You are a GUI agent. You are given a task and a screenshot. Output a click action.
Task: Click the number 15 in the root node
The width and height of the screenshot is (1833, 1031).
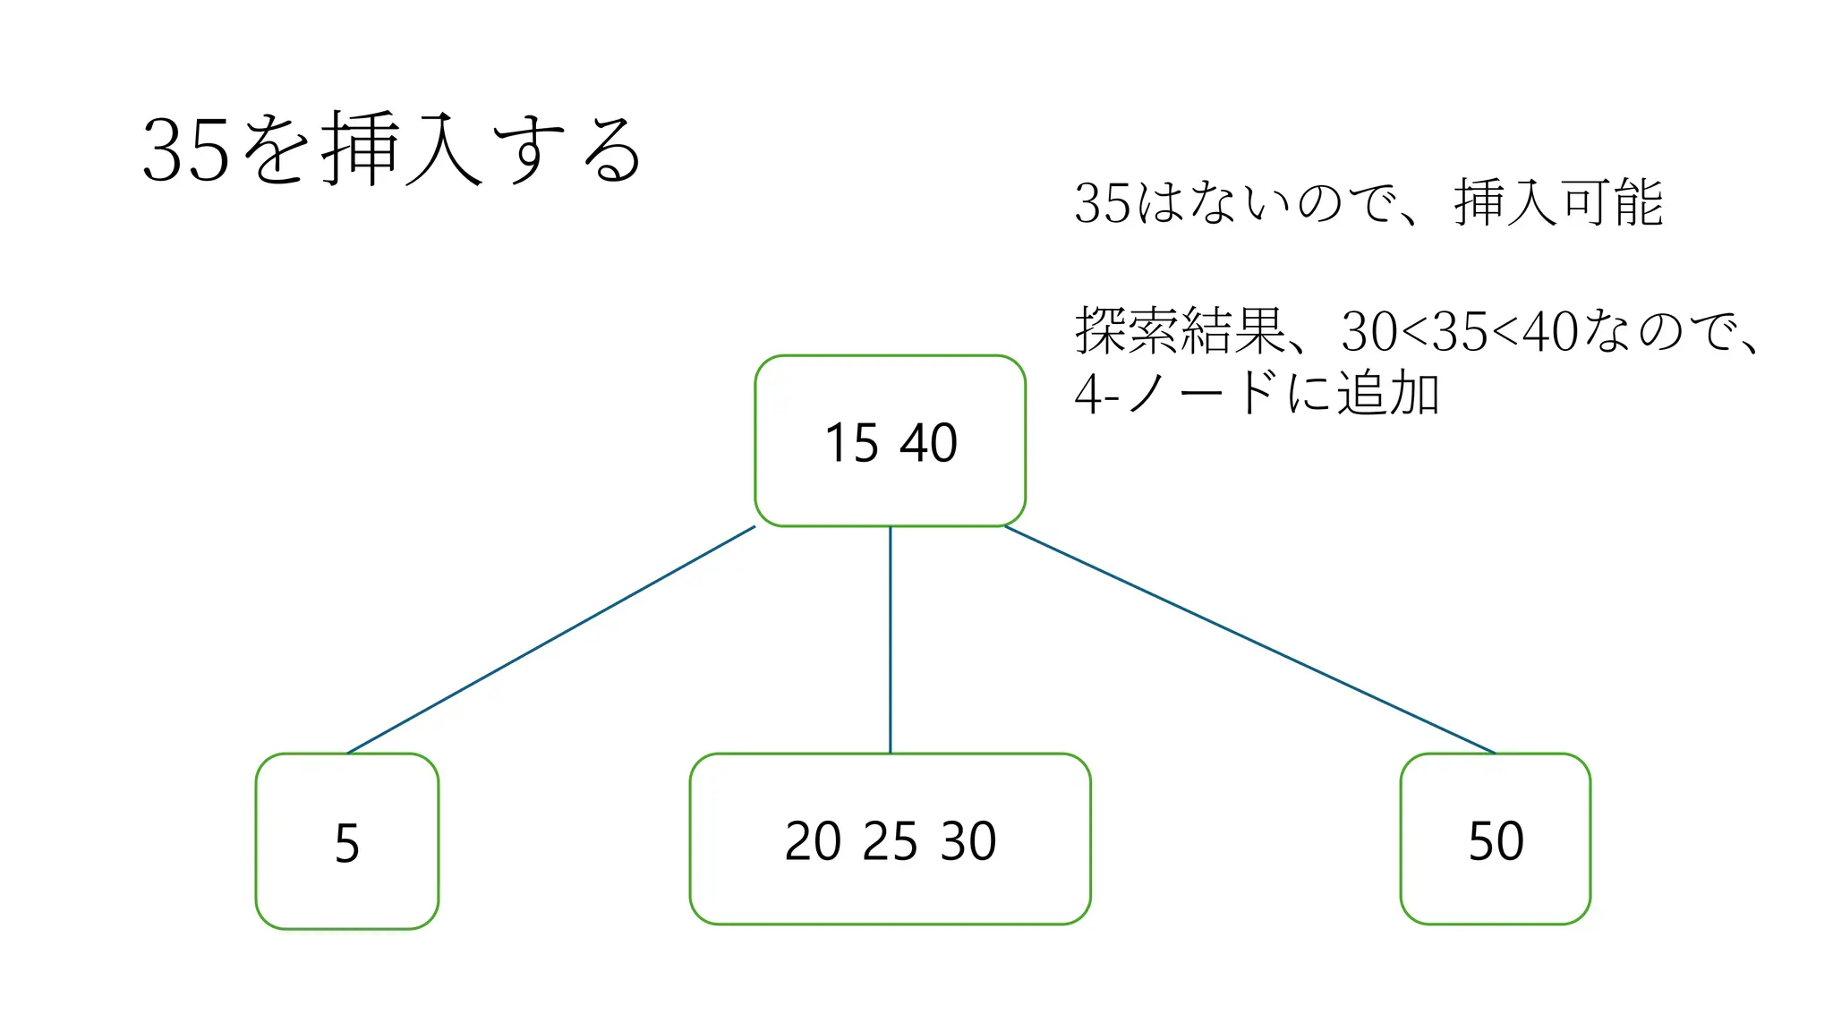tap(851, 443)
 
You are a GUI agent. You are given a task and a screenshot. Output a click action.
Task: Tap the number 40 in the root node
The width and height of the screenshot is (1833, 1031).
tap(929, 443)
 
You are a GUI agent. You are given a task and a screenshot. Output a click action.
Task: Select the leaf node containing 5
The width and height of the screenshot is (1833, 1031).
tap(347, 842)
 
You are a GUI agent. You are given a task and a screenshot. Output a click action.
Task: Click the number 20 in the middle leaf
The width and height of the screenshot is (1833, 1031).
tap(813, 841)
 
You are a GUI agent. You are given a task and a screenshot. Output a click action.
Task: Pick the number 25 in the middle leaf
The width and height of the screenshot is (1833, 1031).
tap(891, 841)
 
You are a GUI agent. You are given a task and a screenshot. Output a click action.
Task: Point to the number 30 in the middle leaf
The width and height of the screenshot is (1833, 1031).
tap(968, 841)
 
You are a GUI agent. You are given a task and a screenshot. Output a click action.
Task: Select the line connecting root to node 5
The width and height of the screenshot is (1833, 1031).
tap(551, 639)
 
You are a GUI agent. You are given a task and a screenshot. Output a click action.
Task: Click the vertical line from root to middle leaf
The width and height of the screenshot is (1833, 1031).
tap(890, 640)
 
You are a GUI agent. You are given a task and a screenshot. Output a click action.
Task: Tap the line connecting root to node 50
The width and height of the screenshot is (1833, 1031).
tap(1249, 640)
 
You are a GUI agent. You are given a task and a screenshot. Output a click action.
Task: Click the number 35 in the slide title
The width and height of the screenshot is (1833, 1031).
tap(186, 150)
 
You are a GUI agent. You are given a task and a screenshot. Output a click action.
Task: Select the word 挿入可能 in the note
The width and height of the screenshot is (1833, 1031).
tap(1558, 203)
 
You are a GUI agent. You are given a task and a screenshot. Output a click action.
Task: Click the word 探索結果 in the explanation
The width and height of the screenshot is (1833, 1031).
tap(1180, 331)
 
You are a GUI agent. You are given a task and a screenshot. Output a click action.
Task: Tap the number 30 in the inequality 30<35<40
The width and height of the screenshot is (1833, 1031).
tap(1369, 332)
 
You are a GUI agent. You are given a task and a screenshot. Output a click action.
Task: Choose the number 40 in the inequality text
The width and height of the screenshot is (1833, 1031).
tap(1550, 332)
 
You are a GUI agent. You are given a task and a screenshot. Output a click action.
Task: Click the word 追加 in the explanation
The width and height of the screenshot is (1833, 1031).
tap(1388, 394)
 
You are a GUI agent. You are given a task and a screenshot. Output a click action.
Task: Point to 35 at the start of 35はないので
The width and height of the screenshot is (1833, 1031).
tap(1103, 204)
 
